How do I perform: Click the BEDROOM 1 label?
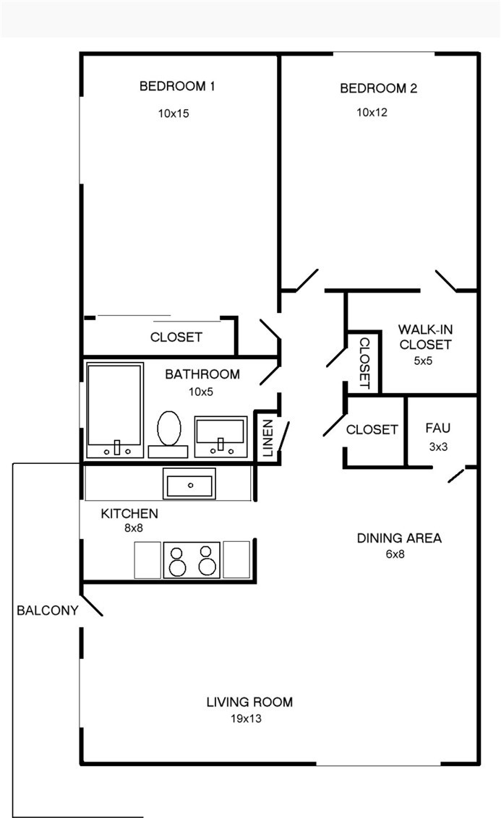pyautogui.click(x=177, y=86)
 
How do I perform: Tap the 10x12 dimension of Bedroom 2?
pyautogui.click(x=372, y=112)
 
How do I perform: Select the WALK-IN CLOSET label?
pyautogui.click(x=425, y=337)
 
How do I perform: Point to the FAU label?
pyautogui.click(x=437, y=429)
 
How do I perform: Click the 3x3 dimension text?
pyautogui.click(x=438, y=447)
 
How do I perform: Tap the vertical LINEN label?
pyautogui.click(x=267, y=438)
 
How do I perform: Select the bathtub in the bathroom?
pyautogui.click(x=115, y=410)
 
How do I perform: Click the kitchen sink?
pyautogui.click(x=189, y=483)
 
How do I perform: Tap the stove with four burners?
pyautogui.click(x=192, y=560)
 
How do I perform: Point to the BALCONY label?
pyautogui.click(x=48, y=611)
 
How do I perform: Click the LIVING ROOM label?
pyautogui.click(x=249, y=702)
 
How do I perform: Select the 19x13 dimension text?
pyautogui.click(x=246, y=719)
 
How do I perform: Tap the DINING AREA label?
pyautogui.click(x=399, y=538)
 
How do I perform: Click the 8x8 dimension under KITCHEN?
pyautogui.click(x=134, y=528)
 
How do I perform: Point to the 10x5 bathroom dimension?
pyautogui.click(x=201, y=392)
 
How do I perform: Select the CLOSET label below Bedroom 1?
pyautogui.click(x=176, y=337)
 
